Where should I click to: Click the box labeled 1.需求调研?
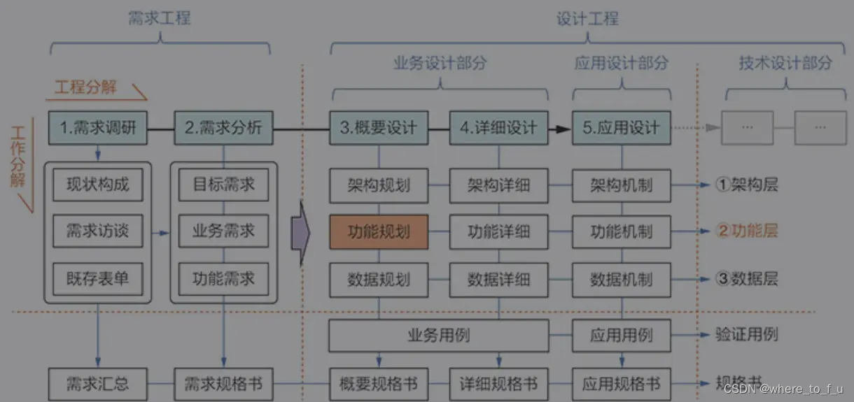pyautogui.click(x=98, y=127)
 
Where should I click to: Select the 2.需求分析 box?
pyautogui.click(x=223, y=127)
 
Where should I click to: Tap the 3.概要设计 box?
pyautogui.click(x=379, y=127)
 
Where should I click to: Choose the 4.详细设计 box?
pyautogui.click(x=498, y=127)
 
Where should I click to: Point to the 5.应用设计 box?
pyautogui.click(x=622, y=127)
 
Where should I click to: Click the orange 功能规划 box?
pyautogui.click(x=379, y=231)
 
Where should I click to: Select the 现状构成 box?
pyautogui.click(x=98, y=185)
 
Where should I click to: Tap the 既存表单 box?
pyautogui.click(x=98, y=280)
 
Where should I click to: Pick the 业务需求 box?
pyautogui.click(x=223, y=231)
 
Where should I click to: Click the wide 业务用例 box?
pyautogui.click(x=438, y=336)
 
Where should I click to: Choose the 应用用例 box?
pyautogui.click(x=622, y=336)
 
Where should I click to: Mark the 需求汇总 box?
pyautogui.click(x=98, y=384)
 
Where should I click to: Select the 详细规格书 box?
pyautogui.click(x=498, y=384)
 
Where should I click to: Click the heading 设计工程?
pyautogui.click(x=587, y=18)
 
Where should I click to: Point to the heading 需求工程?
pyautogui.click(x=160, y=18)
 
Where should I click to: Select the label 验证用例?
pyautogui.click(x=747, y=334)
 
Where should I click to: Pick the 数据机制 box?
pyautogui.click(x=622, y=280)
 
